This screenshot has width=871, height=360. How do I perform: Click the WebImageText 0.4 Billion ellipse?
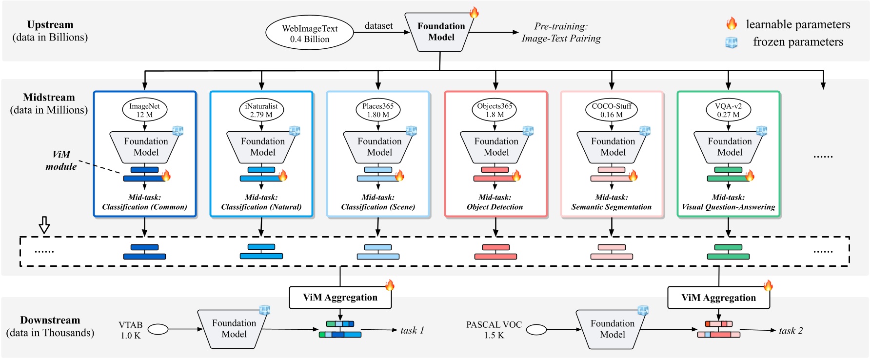(309, 33)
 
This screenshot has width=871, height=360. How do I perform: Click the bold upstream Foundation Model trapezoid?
(441, 32)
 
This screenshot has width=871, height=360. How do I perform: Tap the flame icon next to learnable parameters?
(731, 24)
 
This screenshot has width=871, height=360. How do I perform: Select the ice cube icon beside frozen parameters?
(731, 42)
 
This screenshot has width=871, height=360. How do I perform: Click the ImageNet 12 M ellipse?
(144, 110)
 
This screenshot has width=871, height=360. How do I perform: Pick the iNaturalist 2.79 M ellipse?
(261, 110)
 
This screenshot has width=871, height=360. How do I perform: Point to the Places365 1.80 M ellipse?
(378, 110)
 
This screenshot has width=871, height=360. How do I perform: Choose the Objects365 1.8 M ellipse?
(495, 110)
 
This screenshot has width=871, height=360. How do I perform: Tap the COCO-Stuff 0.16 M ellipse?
(612, 110)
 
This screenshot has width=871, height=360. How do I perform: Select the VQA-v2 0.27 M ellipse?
(728, 110)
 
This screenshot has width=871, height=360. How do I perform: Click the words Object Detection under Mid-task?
(495, 207)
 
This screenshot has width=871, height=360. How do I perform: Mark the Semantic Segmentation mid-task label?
(611, 207)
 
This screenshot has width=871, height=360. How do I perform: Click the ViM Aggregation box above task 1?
(340, 298)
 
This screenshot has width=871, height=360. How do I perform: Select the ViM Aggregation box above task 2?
(718, 298)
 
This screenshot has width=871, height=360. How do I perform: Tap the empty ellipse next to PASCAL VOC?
(536, 330)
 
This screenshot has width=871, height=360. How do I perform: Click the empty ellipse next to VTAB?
(158, 330)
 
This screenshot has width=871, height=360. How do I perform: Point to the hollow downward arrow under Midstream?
(44, 225)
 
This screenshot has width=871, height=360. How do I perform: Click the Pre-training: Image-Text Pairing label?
(561, 32)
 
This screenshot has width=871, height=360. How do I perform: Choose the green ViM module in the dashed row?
(728, 252)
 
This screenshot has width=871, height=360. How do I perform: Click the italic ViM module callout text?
(61, 160)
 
